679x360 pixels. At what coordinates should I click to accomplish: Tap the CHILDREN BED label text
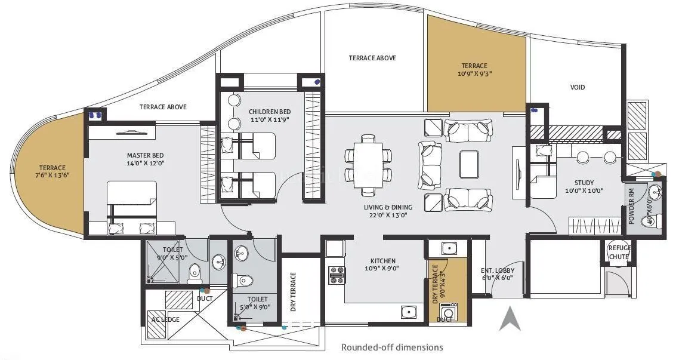[x=270, y=112]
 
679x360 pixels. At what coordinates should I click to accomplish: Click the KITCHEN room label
[x=382, y=261]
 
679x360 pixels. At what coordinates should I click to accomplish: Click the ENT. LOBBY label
[x=497, y=270]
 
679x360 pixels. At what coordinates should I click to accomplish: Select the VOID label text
[x=577, y=87]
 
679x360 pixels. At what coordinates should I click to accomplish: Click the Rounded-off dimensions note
[x=391, y=347]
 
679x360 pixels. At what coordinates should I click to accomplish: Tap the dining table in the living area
[x=368, y=165]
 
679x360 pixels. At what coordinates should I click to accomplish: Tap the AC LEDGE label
[x=165, y=319]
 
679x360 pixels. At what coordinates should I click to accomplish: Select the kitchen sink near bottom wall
[x=409, y=311]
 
